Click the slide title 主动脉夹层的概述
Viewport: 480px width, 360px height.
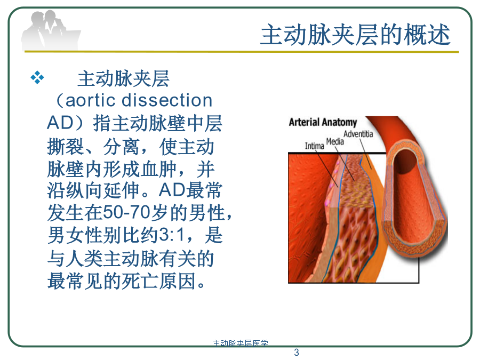[355, 35]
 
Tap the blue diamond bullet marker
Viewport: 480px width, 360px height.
[37, 77]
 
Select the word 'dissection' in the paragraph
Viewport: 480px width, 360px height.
[167, 100]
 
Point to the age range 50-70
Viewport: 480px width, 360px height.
[126, 212]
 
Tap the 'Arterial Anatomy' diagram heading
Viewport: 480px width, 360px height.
[323, 122]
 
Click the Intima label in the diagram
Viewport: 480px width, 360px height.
[314, 146]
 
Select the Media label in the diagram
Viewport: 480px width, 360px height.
[335, 141]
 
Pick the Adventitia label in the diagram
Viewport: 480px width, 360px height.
[358, 134]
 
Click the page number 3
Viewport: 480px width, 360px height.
[297, 353]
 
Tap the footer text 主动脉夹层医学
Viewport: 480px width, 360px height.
[241, 343]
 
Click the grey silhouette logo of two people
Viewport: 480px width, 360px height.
[51, 30]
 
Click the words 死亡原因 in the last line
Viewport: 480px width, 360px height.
[159, 281]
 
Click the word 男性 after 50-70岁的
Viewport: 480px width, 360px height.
[207, 212]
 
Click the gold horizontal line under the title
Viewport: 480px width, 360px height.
[242, 52]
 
